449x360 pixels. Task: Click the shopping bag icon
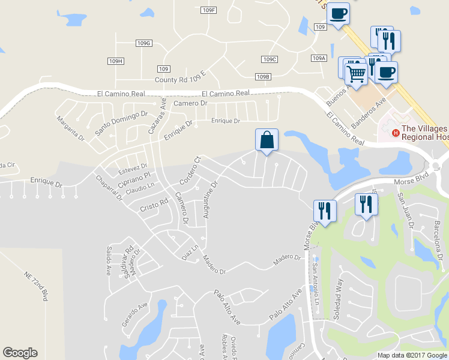(x=267, y=140)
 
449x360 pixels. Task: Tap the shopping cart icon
(x=356, y=74)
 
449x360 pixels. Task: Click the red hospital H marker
(x=395, y=133)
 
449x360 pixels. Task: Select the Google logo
(x=20, y=353)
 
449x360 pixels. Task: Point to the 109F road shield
(x=208, y=10)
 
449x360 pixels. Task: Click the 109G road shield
(x=143, y=43)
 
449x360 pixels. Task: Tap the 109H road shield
(x=116, y=61)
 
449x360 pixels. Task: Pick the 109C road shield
(x=270, y=59)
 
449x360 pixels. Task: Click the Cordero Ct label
(x=190, y=170)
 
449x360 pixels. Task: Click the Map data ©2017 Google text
(x=411, y=355)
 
